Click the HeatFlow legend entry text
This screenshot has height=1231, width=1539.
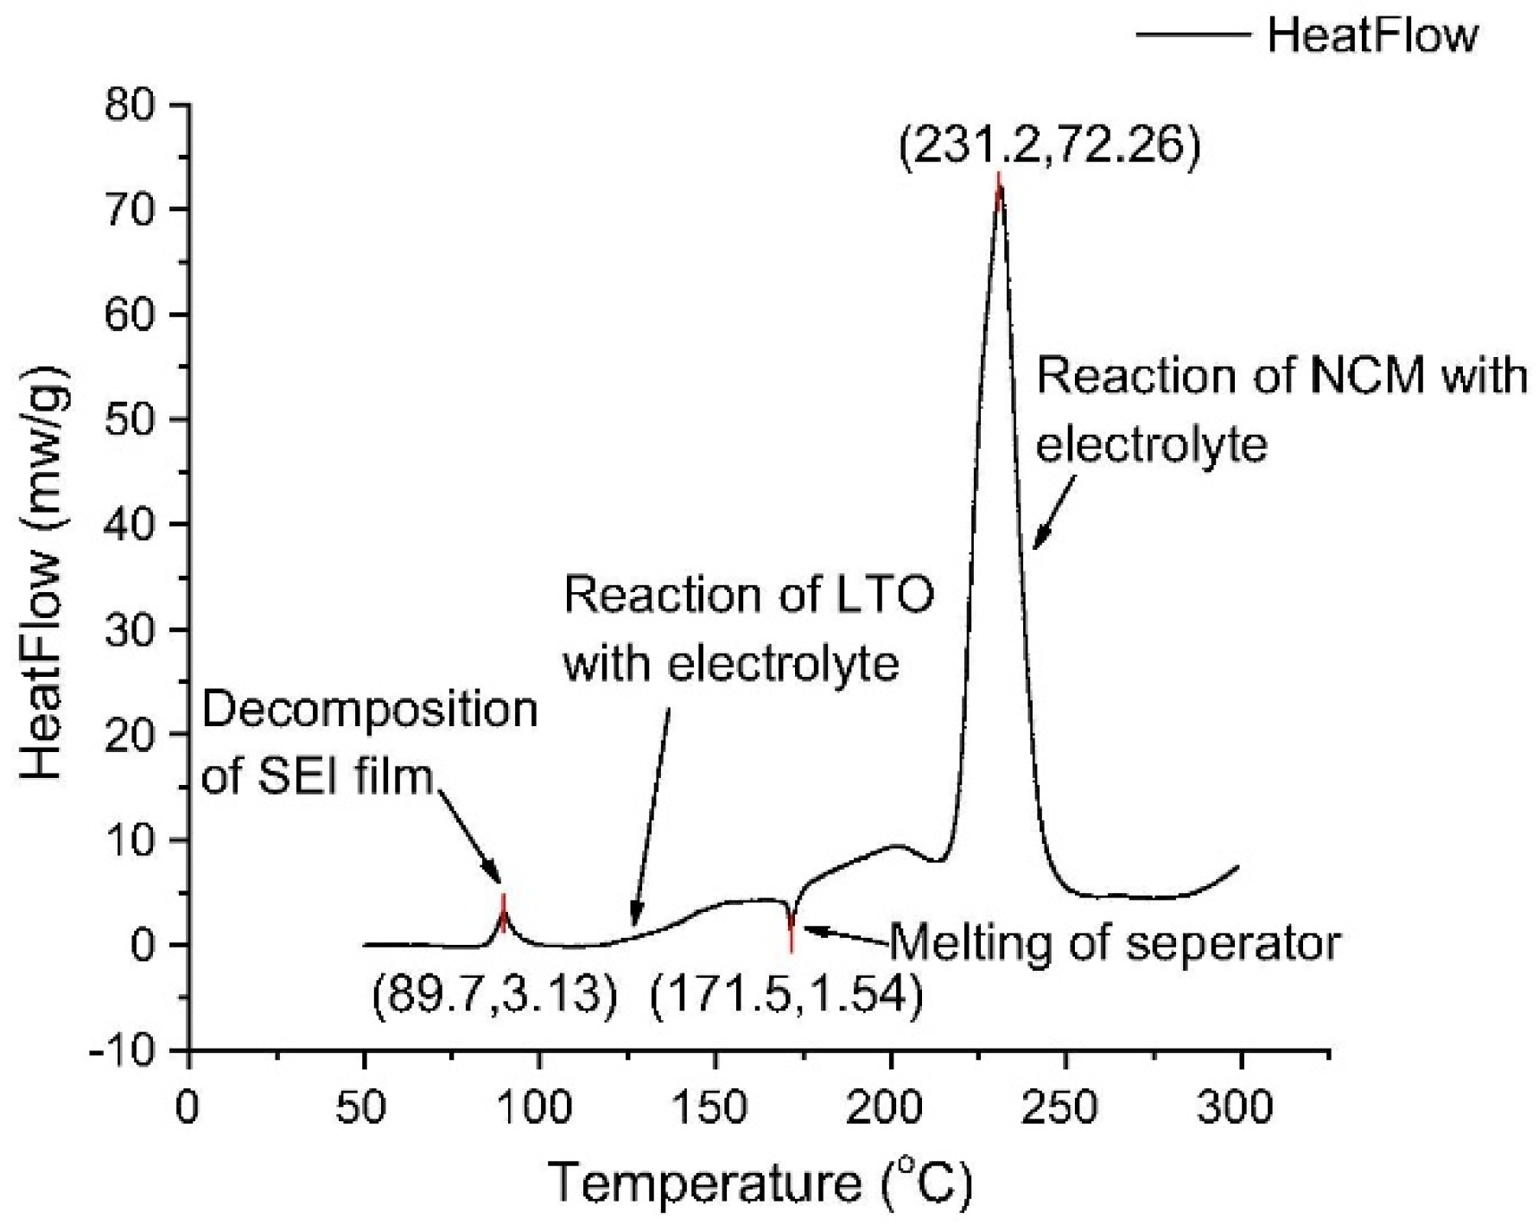point(1372,36)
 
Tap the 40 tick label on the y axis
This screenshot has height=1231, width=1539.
point(130,525)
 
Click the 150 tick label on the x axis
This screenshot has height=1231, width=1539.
point(714,1107)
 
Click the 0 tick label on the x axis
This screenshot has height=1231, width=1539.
point(188,1107)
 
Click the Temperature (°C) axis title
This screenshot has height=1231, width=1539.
point(760,1182)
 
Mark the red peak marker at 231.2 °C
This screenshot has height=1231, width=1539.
point(999,192)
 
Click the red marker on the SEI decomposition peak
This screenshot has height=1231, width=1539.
point(503,914)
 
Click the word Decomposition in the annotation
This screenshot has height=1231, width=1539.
point(370,711)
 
